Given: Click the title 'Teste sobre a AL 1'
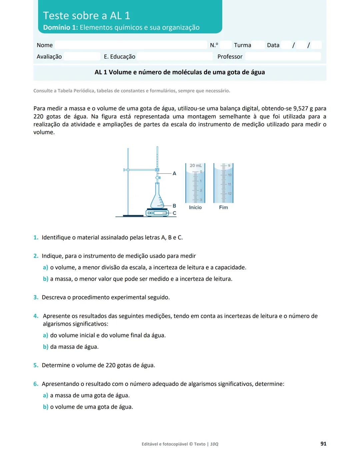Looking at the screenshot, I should point(86,16).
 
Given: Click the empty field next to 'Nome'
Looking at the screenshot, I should point(131,45).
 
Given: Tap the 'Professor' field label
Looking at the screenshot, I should point(230,57).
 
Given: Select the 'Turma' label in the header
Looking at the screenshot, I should point(242,45).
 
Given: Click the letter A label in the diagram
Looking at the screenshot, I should point(174,174).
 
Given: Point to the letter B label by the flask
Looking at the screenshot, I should point(174,206).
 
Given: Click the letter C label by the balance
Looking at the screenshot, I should point(174,213).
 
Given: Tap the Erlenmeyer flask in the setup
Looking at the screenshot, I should point(157,199).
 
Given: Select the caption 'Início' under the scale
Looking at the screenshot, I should point(195,207).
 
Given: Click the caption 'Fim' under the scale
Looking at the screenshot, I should point(223,207).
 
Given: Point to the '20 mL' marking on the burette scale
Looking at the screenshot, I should point(195,166).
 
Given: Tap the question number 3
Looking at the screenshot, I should point(36,297).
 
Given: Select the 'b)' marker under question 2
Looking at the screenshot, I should point(45,279).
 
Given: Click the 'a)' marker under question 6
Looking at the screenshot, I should point(45,395).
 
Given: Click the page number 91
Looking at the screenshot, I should point(323,444).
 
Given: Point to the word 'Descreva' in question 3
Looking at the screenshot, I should point(54,297).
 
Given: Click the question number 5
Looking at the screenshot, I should point(36,365).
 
